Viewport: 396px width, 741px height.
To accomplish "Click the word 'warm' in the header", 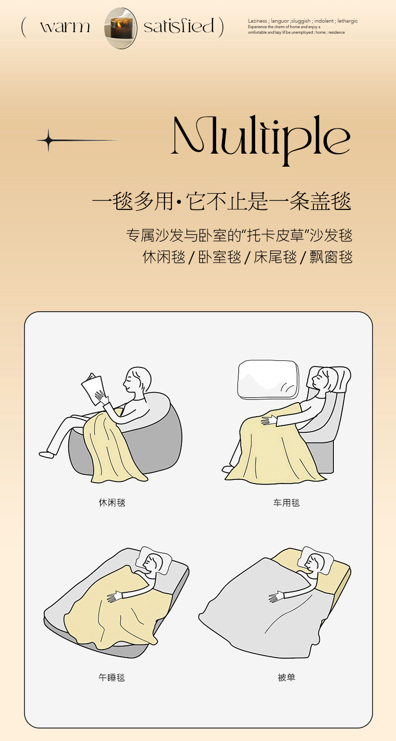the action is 65,27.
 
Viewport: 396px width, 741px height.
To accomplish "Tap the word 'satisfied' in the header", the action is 179,26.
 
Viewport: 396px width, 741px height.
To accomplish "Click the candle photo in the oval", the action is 120,28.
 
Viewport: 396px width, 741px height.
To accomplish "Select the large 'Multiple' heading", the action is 261,139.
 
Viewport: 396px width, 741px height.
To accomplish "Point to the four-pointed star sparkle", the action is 49,141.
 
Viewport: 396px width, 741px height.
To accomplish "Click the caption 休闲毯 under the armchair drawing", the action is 112,503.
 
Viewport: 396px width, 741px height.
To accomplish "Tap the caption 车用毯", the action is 286,503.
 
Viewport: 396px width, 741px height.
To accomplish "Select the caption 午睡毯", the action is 112,677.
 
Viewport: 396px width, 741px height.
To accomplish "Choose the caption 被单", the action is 286,677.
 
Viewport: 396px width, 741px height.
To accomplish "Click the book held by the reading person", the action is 93,388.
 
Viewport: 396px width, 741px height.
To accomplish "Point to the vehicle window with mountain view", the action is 268,379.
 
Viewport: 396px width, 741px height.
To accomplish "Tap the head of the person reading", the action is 137,380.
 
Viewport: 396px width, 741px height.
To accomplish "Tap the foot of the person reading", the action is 46,454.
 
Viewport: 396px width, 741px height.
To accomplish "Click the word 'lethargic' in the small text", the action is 347,21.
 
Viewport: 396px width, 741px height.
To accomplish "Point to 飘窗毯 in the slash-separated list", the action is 331,257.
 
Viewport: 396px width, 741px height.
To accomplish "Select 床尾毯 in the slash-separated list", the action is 275,257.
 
